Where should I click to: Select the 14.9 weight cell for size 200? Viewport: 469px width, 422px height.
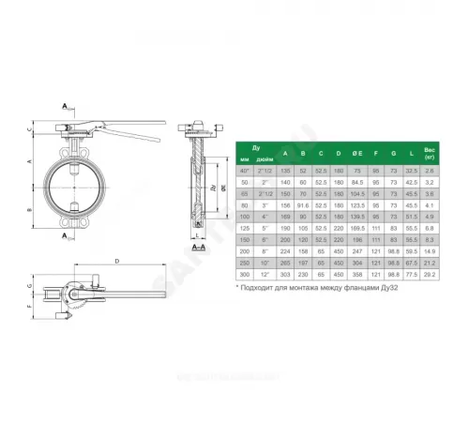point(431,252)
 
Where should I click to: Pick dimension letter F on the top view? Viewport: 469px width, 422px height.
point(31,305)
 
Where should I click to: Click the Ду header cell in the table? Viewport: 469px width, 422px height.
point(254,147)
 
